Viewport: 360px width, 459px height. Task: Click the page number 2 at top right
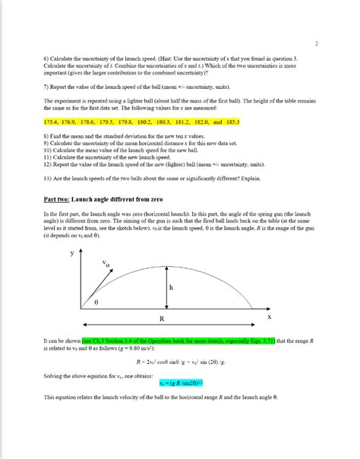tap(316, 43)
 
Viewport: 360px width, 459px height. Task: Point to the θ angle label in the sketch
tap(96, 302)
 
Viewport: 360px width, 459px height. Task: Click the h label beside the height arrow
tap(171, 288)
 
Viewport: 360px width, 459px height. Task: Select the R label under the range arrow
tap(163, 317)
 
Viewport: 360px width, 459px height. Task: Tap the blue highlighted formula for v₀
tap(171, 383)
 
